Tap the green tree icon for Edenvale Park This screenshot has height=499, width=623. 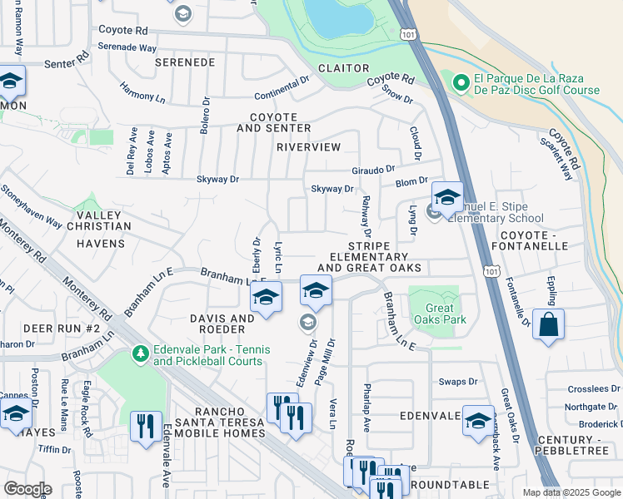pyautogui.click(x=141, y=355)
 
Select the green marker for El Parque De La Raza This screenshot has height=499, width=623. pyautogui.click(x=460, y=83)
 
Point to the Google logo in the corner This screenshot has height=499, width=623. pyautogui.click(x=27, y=489)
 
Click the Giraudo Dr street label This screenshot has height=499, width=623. pyautogui.click(x=372, y=169)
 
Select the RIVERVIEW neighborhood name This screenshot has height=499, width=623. pyautogui.click(x=309, y=147)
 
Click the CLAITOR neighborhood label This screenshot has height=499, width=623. pyautogui.click(x=343, y=68)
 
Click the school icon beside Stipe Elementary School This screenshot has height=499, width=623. pyautogui.click(x=447, y=198)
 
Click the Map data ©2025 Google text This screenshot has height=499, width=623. pyautogui.click(x=571, y=492)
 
